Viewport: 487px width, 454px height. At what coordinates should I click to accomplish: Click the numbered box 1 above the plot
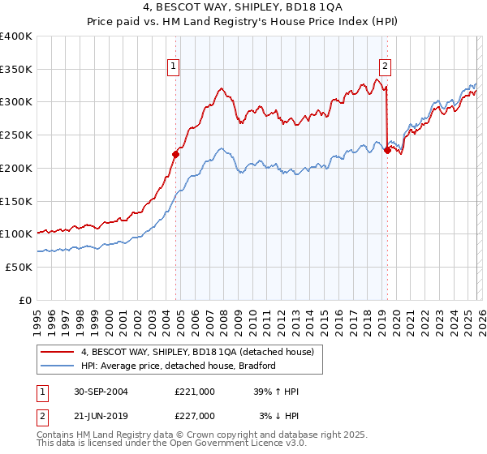[174, 67]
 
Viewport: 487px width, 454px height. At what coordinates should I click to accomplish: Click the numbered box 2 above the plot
[384, 67]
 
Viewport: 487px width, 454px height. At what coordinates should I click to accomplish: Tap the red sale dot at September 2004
[175, 153]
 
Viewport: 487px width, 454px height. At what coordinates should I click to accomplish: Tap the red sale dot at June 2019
[387, 149]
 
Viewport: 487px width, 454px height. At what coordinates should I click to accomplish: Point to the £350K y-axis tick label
[16, 70]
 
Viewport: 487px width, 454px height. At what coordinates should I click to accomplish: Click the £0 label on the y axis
[26, 300]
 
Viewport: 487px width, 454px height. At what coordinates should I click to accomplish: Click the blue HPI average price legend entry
[178, 366]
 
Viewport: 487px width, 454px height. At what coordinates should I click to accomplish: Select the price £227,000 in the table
[195, 416]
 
